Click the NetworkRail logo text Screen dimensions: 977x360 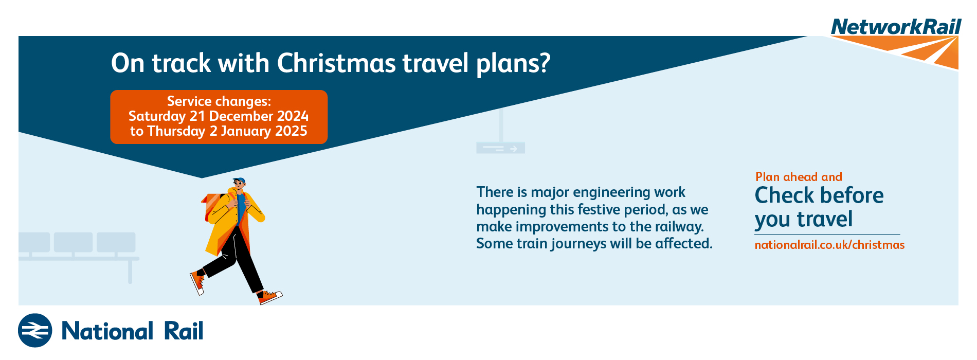coord(896,27)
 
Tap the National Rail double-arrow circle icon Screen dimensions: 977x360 coord(35,330)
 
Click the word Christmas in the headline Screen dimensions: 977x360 coord(336,63)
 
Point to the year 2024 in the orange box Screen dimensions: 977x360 coord(293,116)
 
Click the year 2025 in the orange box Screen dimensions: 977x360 coord(291,131)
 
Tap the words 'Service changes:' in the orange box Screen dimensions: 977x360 coord(219,101)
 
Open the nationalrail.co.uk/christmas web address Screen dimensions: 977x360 coord(829,245)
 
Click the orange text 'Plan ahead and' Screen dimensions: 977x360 coord(799,177)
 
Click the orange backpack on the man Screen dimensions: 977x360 coord(213,205)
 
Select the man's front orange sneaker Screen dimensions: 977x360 coord(269,297)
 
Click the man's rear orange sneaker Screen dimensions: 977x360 coord(197,283)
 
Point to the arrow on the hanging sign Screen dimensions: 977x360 coord(513,149)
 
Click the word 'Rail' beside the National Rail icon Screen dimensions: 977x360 coord(184,331)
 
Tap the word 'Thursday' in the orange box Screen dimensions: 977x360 coord(176,132)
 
